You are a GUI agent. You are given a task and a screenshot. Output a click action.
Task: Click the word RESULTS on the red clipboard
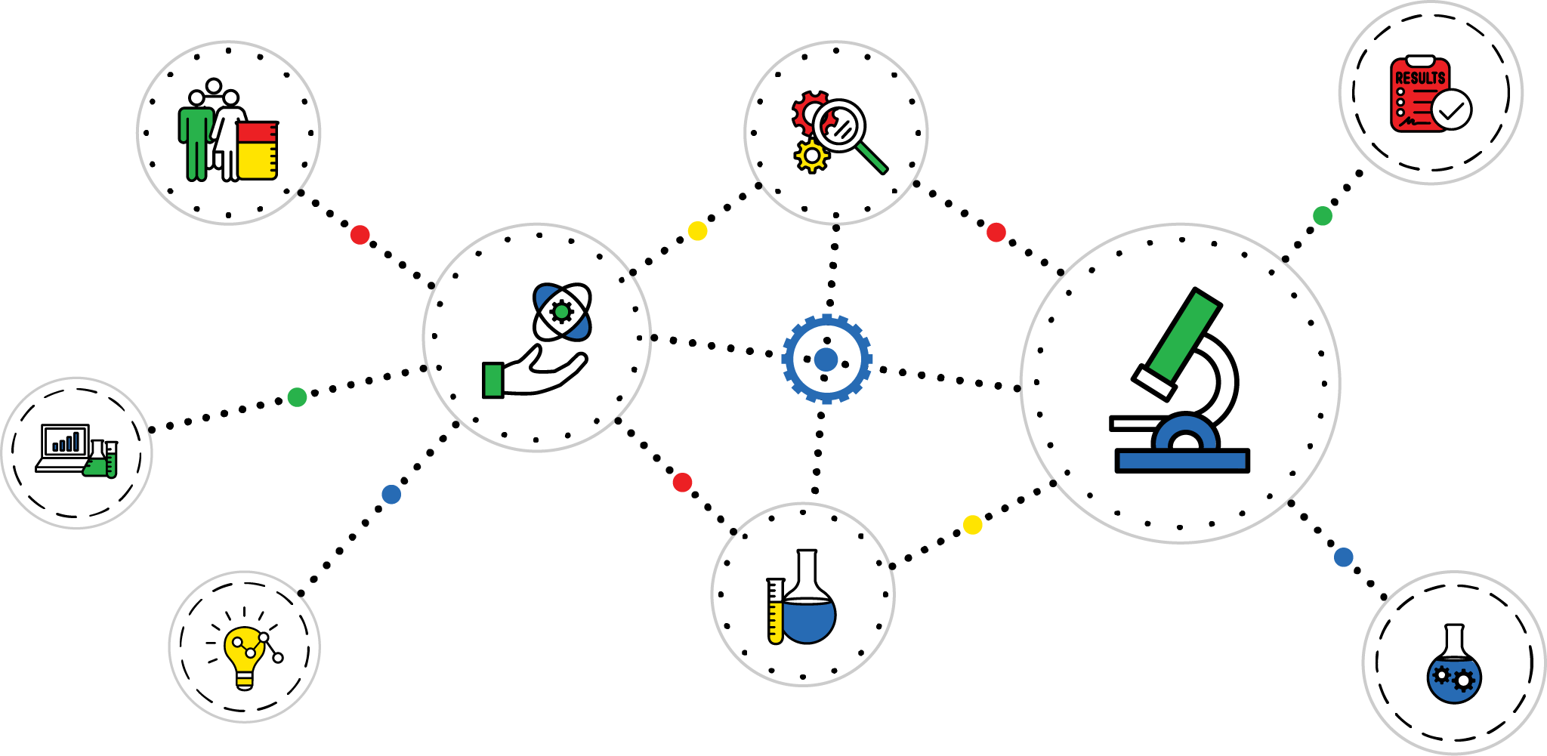[x=1419, y=78]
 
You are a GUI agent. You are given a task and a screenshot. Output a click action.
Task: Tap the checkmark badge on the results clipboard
[x=1451, y=110]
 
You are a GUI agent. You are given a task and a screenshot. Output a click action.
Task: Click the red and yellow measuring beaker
[x=258, y=150]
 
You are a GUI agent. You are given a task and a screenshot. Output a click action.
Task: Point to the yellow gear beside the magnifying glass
[x=811, y=156]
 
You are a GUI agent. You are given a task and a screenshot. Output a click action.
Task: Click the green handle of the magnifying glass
[x=872, y=159]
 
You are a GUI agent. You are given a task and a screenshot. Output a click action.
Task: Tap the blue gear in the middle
[x=826, y=359]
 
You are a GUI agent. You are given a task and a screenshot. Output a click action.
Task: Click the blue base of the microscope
[x=1182, y=461]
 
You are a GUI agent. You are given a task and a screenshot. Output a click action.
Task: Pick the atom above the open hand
[x=562, y=311]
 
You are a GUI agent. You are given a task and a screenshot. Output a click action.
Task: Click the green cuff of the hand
[x=493, y=380]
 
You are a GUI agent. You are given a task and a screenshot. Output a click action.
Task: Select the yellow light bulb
[x=244, y=653]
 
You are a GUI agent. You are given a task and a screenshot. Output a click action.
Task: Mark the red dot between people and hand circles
[x=360, y=235]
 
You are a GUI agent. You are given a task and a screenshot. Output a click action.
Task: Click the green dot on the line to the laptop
[x=297, y=397]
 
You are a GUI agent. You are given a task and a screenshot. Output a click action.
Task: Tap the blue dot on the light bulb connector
[x=391, y=495]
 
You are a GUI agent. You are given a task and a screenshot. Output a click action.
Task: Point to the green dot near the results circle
[x=1323, y=216]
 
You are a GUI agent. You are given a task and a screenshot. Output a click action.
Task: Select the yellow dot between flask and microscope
[x=973, y=524]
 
